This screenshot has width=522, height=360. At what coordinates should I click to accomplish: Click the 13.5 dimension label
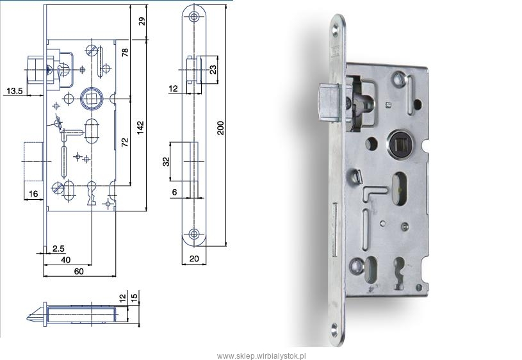pyautogui.click(x=15, y=90)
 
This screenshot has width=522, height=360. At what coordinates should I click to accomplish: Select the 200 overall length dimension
pyautogui.click(x=220, y=127)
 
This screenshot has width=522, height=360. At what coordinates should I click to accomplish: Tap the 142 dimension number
pyautogui.click(x=140, y=127)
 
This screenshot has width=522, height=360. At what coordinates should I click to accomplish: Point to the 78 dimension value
pyautogui.click(x=125, y=53)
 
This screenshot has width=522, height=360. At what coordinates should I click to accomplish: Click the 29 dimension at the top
pyautogui.click(x=142, y=22)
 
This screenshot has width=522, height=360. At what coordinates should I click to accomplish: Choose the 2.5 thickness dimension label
pyautogui.click(x=58, y=249)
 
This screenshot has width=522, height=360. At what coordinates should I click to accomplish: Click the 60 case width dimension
pyautogui.click(x=79, y=272)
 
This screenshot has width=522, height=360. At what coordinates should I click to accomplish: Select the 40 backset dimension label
pyautogui.click(x=66, y=259)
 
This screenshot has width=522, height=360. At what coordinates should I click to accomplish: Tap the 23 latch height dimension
pyautogui.click(x=213, y=69)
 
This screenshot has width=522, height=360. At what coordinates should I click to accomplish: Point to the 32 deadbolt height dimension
pyautogui.click(x=166, y=161)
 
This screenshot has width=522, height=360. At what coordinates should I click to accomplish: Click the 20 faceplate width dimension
pyautogui.click(x=194, y=258)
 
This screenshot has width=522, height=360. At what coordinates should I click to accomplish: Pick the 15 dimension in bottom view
pyautogui.click(x=135, y=296)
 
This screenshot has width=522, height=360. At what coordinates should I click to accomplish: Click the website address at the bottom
pyautogui.click(x=261, y=356)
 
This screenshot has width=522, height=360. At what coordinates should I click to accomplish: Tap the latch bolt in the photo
pyautogui.click(x=330, y=103)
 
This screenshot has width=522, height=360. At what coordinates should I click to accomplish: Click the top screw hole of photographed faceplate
pyautogui.click(x=336, y=31)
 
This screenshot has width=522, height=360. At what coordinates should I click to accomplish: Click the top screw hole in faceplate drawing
pyautogui.click(x=193, y=16)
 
